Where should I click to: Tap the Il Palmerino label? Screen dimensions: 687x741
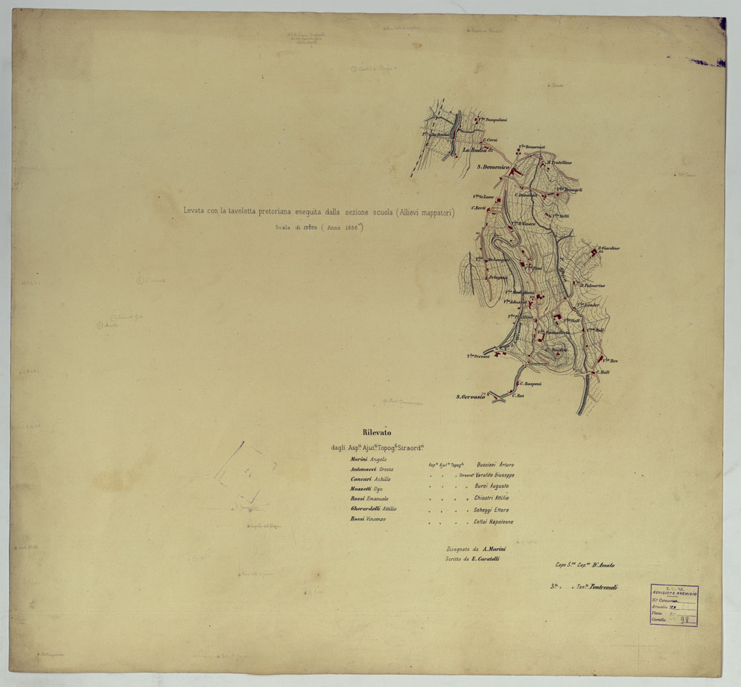tap(593, 286)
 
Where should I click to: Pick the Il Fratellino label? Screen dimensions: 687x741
tap(560, 162)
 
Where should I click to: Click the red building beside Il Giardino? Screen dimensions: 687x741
tap(596, 255)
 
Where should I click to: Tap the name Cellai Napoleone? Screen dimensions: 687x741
tap(493, 522)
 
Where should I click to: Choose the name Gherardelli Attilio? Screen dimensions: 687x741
tap(373, 508)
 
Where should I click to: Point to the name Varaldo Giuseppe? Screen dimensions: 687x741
tap(495, 474)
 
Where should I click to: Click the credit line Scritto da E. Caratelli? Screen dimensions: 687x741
tap(472, 558)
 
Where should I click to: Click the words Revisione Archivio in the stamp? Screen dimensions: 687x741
tap(674, 594)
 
